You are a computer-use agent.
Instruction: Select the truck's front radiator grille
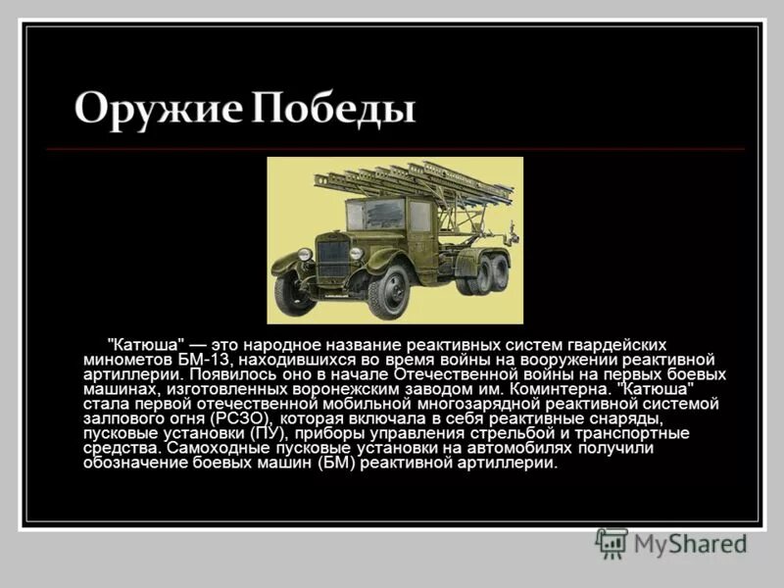pyautogui.click(x=333, y=259)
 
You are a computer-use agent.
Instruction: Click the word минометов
pyautogui.click(x=122, y=360)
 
